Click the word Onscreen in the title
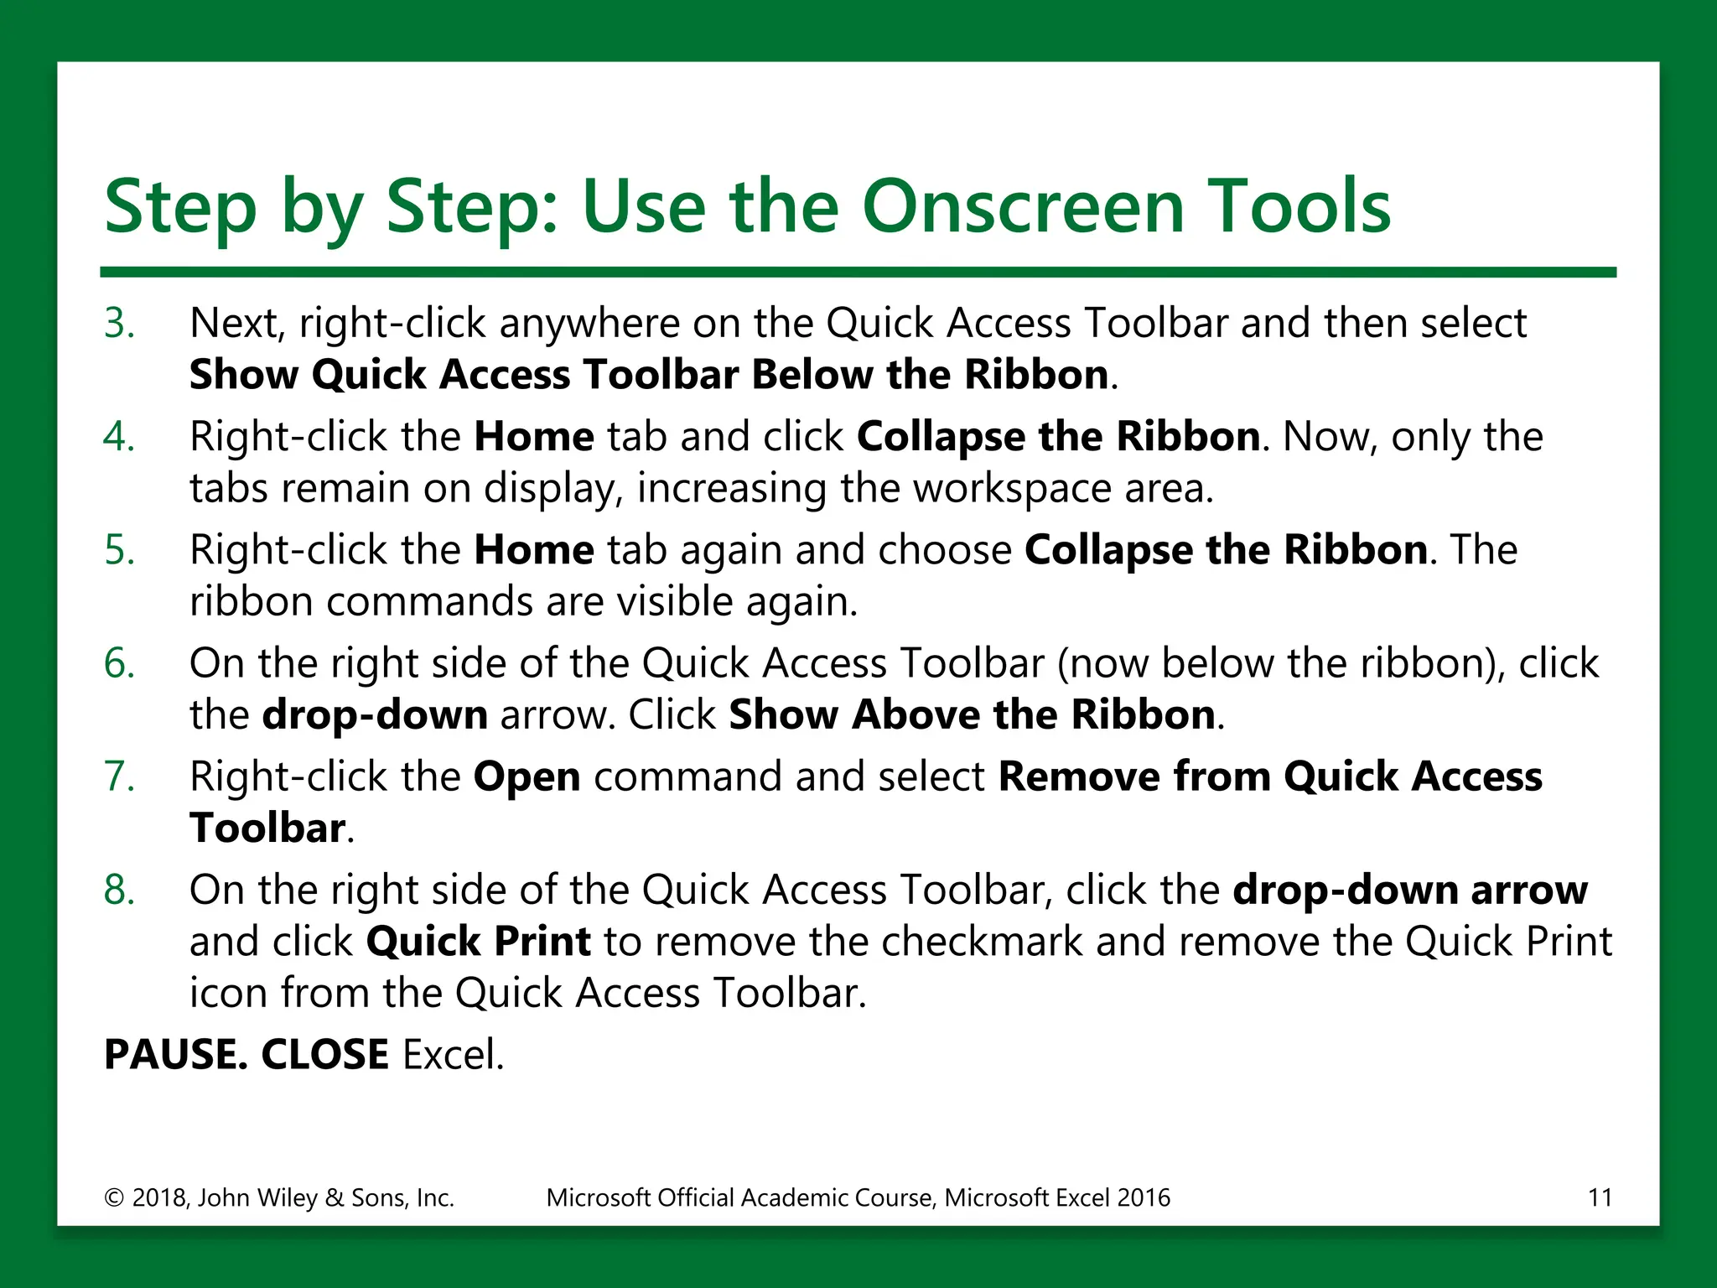point(1023,206)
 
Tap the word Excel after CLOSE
point(453,1055)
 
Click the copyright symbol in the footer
point(113,1198)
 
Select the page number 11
point(1600,1197)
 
